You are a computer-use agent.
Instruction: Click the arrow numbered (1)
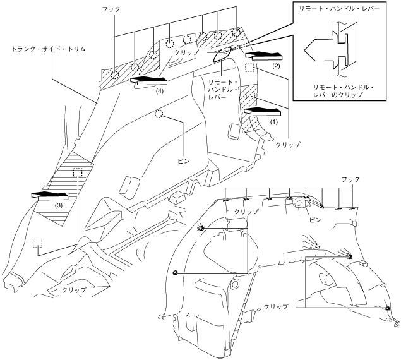pyautogui.click(x=263, y=112)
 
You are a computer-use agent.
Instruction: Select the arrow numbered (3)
pyautogui.click(x=50, y=196)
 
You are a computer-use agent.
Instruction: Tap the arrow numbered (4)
pyautogui.click(x=149, y=81)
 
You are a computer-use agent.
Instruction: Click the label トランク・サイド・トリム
pyautogui.click(x=49, y=49)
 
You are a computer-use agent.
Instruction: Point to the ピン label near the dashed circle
pyautogui.click(x=184, y=161)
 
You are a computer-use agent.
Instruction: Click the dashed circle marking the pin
pyautogui.click(x=159, y=114)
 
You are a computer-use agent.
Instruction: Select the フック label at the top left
pyautogui.click(x=111, y=9)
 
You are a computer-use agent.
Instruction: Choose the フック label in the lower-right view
pyautogui.click(x=350, y=179)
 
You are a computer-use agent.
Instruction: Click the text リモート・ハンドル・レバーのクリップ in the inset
pyautogui.click(x=344, y=92)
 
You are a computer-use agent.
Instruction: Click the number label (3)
pyautogui.click(x=59, y=205)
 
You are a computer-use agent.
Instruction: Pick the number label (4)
pyautogui.click(x=159, y=90)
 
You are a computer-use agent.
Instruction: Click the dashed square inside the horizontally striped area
pyautogui.click(x=78, y=173)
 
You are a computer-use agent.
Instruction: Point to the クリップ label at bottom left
pyautogui.click(x=75, y=290)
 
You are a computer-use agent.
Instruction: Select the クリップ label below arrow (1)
pyautogui.click(x=288, y=145)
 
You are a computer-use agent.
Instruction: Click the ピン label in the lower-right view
pyautogui.click(x=315, y=220)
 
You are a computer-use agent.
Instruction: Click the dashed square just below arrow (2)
pyautogui.click(x=249, y=67)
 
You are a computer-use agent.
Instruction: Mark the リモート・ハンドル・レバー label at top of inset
pyautogui.click(x=340, y=9)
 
